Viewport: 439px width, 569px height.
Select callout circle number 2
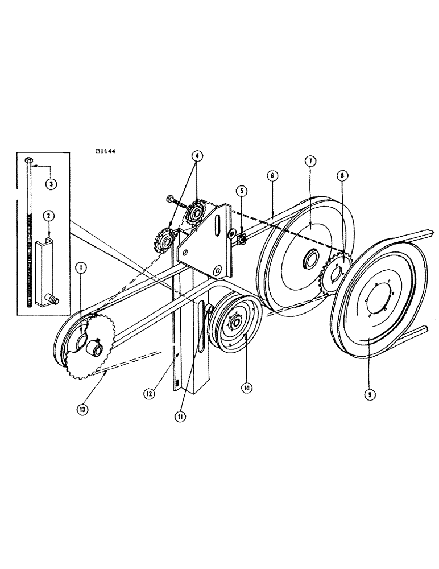coord(49,216)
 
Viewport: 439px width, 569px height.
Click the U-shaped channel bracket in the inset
coord(44,270)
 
